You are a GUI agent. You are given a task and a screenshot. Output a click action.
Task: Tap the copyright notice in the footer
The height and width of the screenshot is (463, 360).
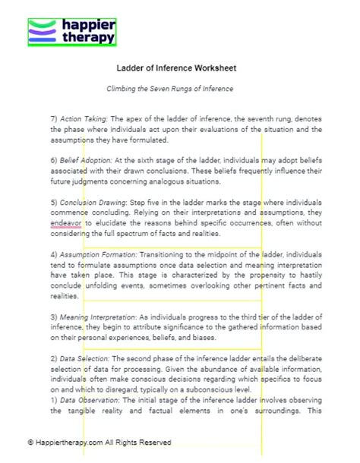[x=99, y=443]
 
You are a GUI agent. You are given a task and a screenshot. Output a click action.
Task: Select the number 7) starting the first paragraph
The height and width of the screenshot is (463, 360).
[x=53, y=120]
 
